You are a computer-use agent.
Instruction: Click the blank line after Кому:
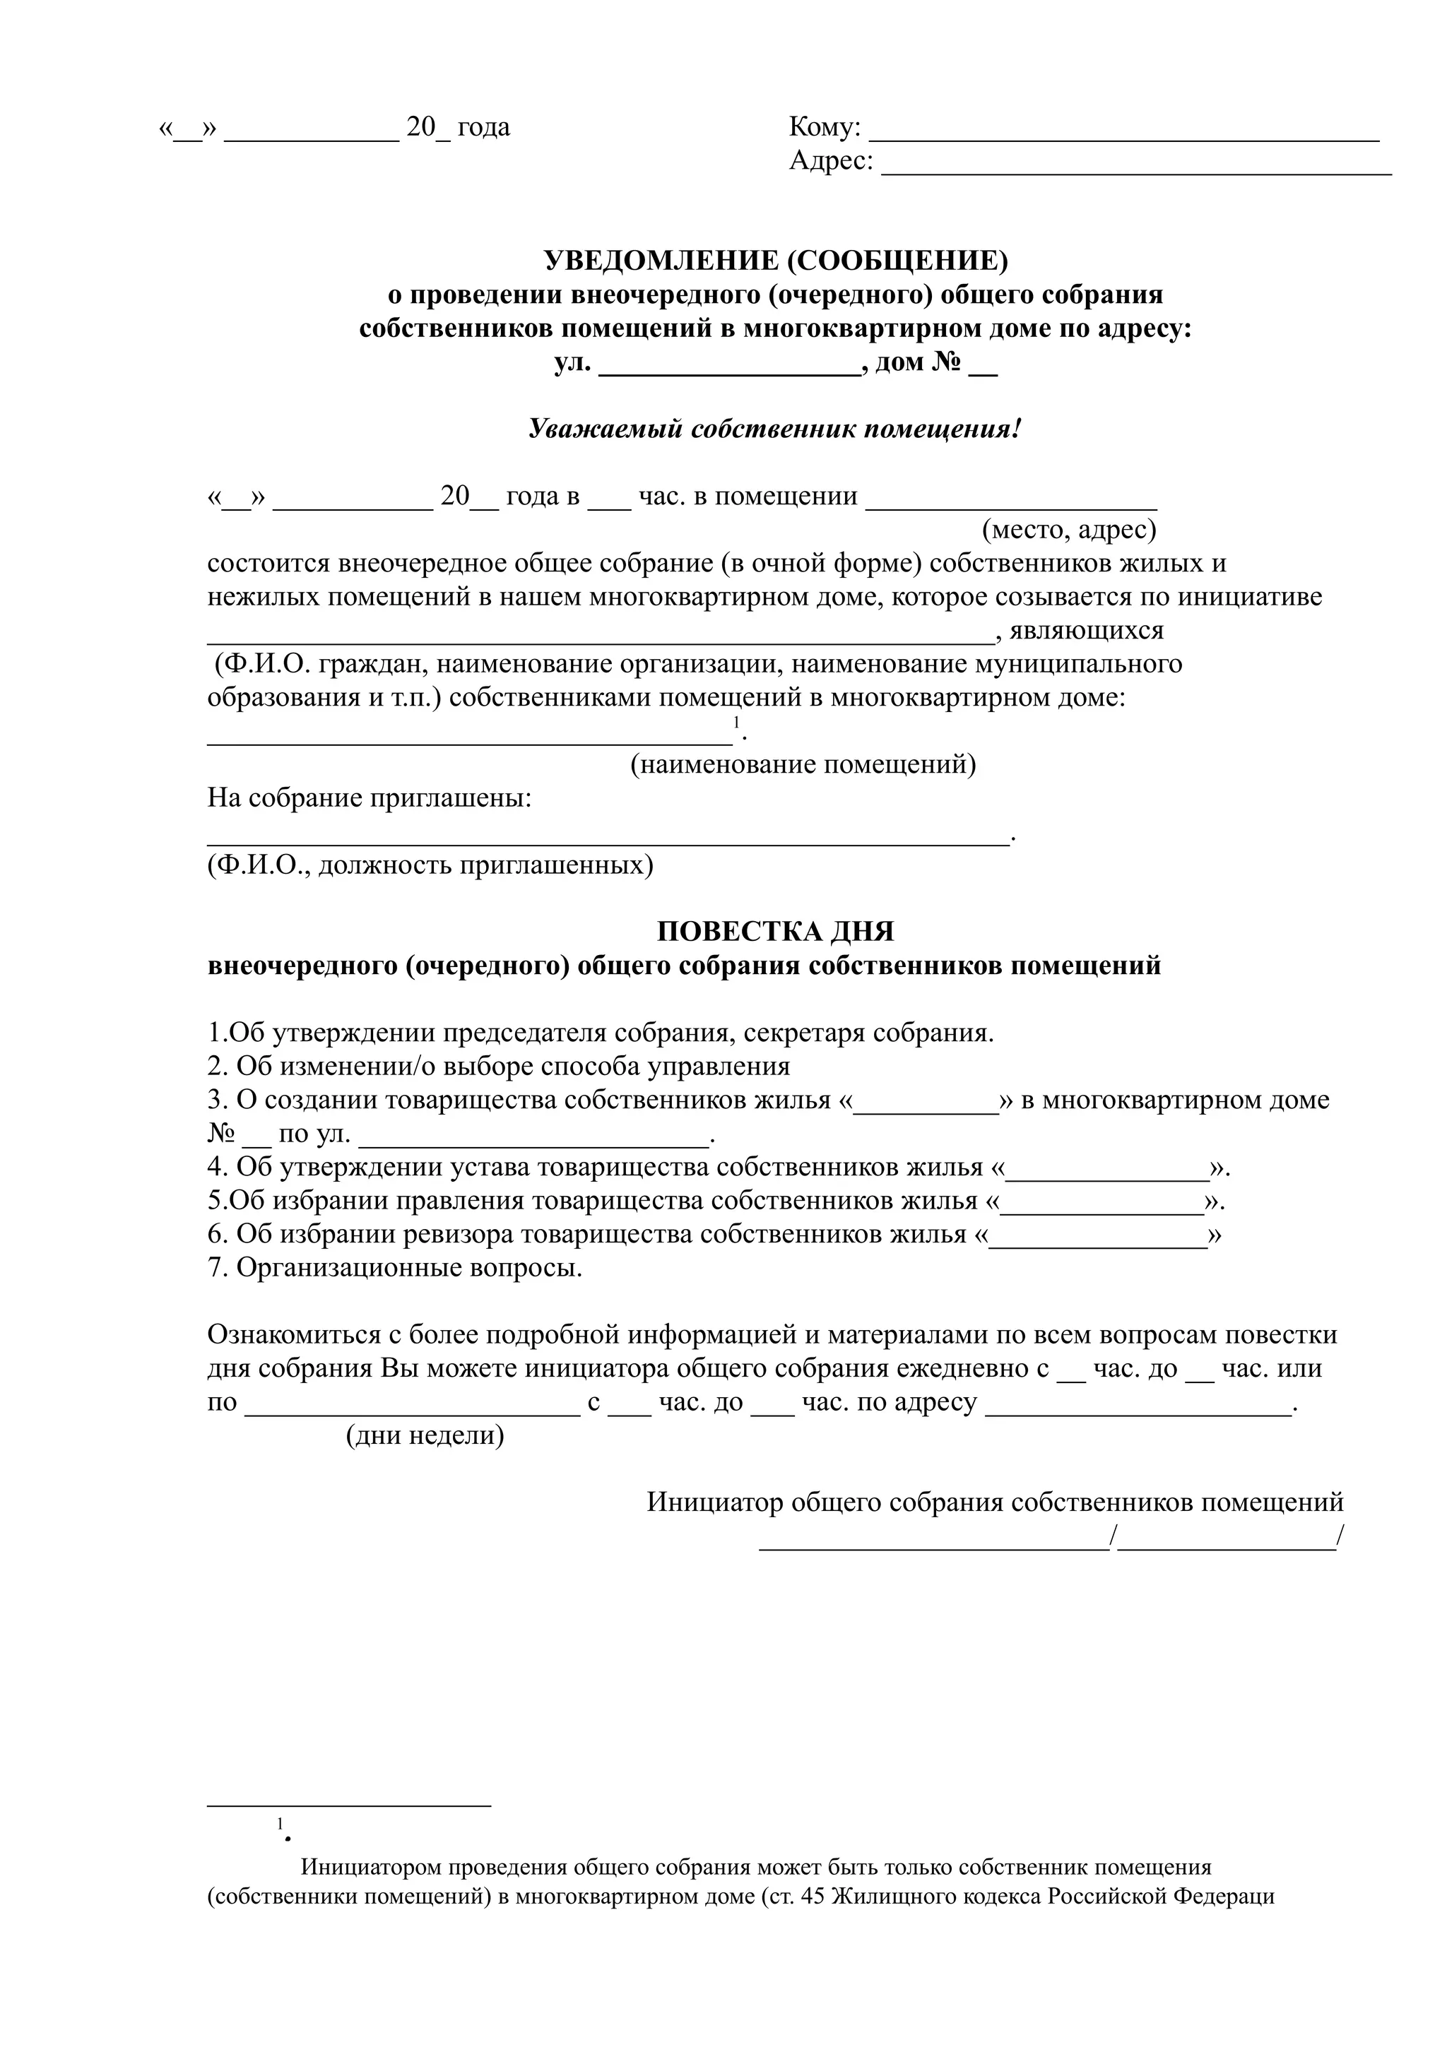(x=1123, y=133)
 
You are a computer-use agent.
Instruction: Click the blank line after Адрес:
(x=1136, y=167)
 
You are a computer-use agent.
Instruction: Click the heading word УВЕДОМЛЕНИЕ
(x=660, y=261)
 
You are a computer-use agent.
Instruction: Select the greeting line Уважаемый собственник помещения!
(x=774, y=429)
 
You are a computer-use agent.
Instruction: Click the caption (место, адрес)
(x=1068, y=530)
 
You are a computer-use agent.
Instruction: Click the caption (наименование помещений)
(x=803, y=765)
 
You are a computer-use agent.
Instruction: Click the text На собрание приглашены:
(x=369, y=798)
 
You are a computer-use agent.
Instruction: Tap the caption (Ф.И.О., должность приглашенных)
(x=430, y=865)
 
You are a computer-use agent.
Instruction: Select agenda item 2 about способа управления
(x=500, y=1067)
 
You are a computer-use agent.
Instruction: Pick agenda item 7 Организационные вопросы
(x=395, y=1268)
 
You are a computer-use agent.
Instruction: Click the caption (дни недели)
(x=425, y=1435)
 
